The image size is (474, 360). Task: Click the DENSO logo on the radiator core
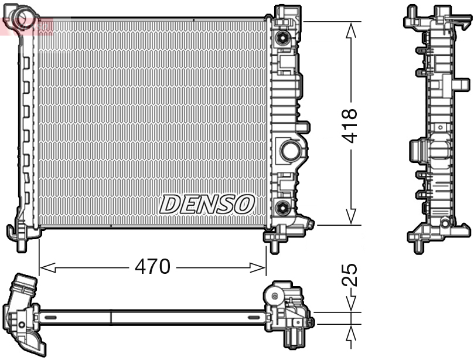click(x=207, y=204)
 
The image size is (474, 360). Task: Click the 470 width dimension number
click(x=152, y=267)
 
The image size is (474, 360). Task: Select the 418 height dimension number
click(x=350, y=125)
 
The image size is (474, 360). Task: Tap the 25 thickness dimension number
click(x=350, y=275)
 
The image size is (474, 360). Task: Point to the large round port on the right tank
click(x=289, y=150)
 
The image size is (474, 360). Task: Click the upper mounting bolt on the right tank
click(x=283, y=39)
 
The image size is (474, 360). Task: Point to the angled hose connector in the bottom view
click(x=23, y=311)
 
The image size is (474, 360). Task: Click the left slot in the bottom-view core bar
click(x=50, y=317)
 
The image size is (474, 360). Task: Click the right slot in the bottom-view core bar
click(x=254, y=317)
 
